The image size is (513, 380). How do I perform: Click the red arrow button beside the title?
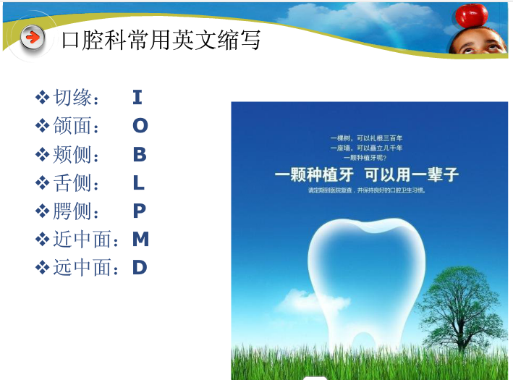coord(32,37)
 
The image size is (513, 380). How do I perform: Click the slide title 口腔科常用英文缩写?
coord(161,39)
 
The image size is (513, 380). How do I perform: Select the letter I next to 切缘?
coord(137,97)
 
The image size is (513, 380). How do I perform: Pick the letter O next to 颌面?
coord(140,126)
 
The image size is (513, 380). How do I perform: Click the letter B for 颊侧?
coord(140,154)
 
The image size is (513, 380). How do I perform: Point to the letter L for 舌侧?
coord(139,182)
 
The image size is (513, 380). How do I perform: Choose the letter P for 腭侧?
coord(140,211)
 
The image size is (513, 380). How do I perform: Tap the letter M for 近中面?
coord(140,239)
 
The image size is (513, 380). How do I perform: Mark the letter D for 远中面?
coord(140,267)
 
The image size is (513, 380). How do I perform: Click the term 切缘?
coord(75,98)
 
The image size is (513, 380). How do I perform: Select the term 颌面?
coord(75,126)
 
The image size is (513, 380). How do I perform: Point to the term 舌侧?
coord(75,183)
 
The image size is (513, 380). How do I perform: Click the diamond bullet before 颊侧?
coord(42,154)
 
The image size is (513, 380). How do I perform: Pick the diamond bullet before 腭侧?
coord(42,211)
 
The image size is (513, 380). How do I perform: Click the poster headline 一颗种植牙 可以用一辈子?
coord(366,175)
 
